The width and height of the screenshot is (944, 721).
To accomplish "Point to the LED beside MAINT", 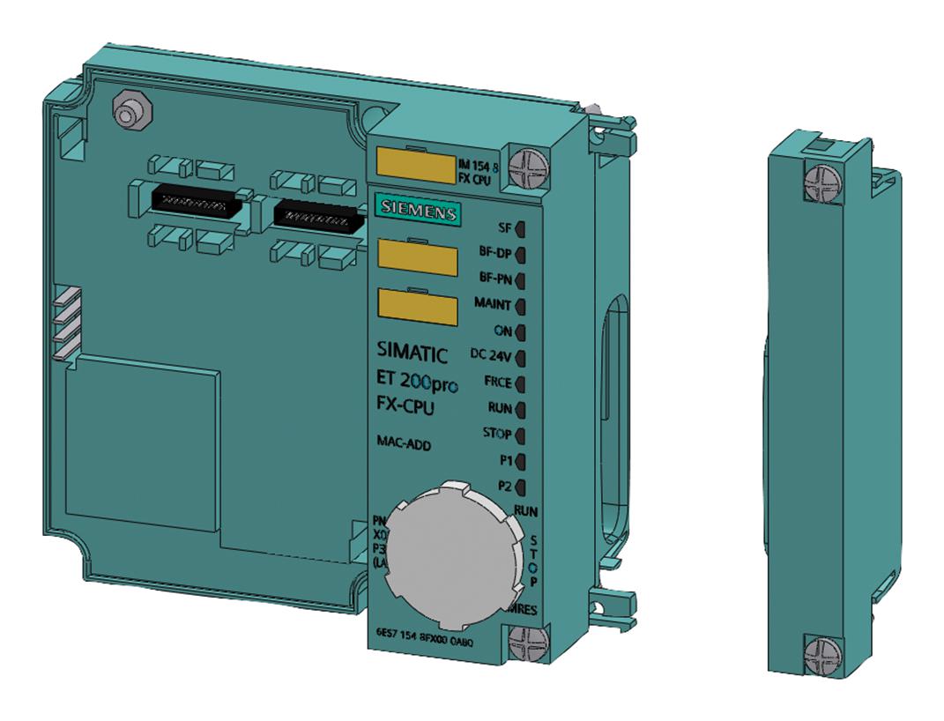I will point(520,307).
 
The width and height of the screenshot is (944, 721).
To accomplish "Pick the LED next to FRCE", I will point(520,383).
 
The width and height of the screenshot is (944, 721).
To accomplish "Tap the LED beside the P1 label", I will point(520,460).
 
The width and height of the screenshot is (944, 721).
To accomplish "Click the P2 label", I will point(505,486).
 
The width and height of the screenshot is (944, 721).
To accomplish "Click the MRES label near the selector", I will point(523,609).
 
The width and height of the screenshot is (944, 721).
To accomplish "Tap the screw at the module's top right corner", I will point(531,161).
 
